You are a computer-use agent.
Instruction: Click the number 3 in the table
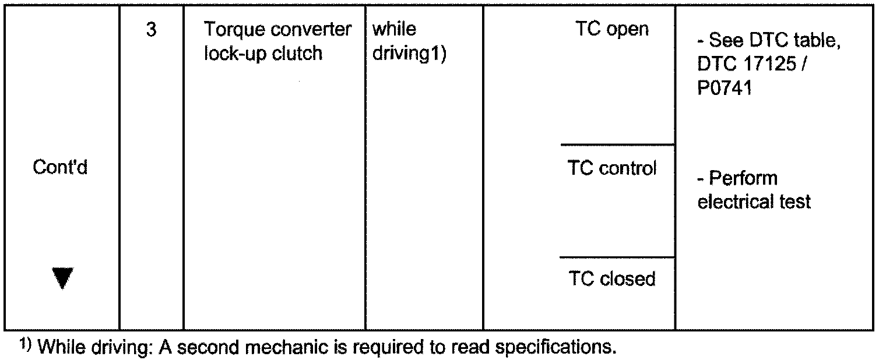[x=151, y=30]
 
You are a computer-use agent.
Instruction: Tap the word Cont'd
[x=60, y=168]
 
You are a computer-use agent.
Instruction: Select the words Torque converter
[x=277, y=30]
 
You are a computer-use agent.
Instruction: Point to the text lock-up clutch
[x=263, y=53]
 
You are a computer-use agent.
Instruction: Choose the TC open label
[x=612, y=30]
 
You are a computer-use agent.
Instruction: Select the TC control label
[x=612, y=168]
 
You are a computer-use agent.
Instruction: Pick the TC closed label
[x=612, y=279]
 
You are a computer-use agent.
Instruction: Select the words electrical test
[x=754, y=202]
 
